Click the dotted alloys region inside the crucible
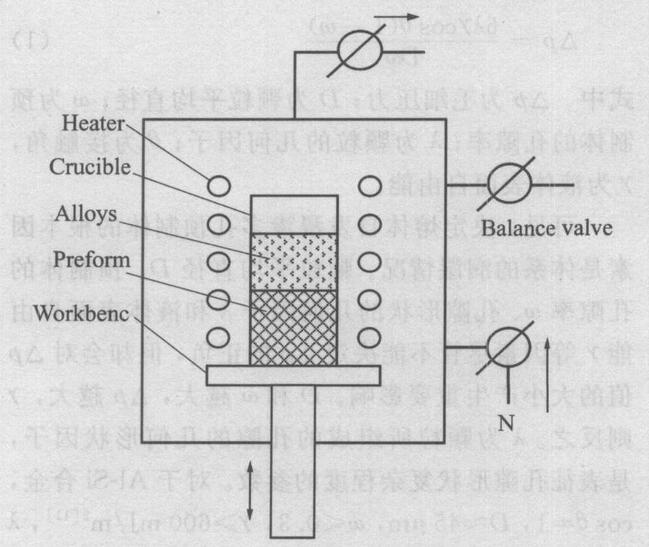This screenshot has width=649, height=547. [294, 261]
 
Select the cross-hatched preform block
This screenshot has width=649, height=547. [294, 328]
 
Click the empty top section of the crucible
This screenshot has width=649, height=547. [294, 213]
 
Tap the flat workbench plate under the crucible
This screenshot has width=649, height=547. [293, 375]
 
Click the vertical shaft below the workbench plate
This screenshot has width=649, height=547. [293, 459]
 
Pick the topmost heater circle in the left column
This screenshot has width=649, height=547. [219, 186]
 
